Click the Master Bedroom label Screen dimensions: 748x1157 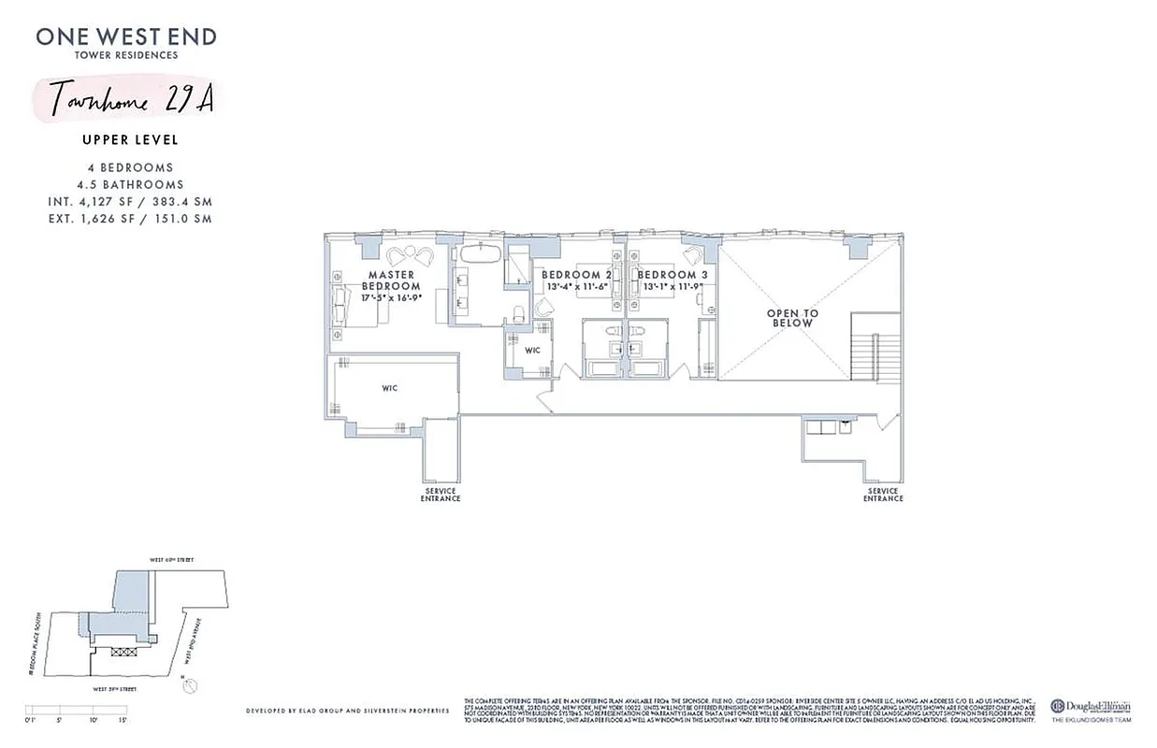(x=391, y=280)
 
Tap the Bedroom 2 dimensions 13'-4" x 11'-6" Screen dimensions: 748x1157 (x=577, y=287)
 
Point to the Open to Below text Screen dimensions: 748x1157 (x=791, y=318)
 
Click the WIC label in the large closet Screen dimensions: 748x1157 (x=390, y=387)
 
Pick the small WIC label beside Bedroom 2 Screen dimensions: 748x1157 (x=532, y=351)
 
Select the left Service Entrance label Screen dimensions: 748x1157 (x=441, y=495)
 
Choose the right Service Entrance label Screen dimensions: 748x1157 (x=882, y=495)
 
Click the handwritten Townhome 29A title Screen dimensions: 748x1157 (x=131, y=100)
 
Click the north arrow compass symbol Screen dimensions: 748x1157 (x=192, y=685)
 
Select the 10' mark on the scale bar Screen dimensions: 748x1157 (x=94, y=720)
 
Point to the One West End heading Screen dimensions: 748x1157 (x=126, y=37)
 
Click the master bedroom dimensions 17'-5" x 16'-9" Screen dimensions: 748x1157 (x=391, y=297)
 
